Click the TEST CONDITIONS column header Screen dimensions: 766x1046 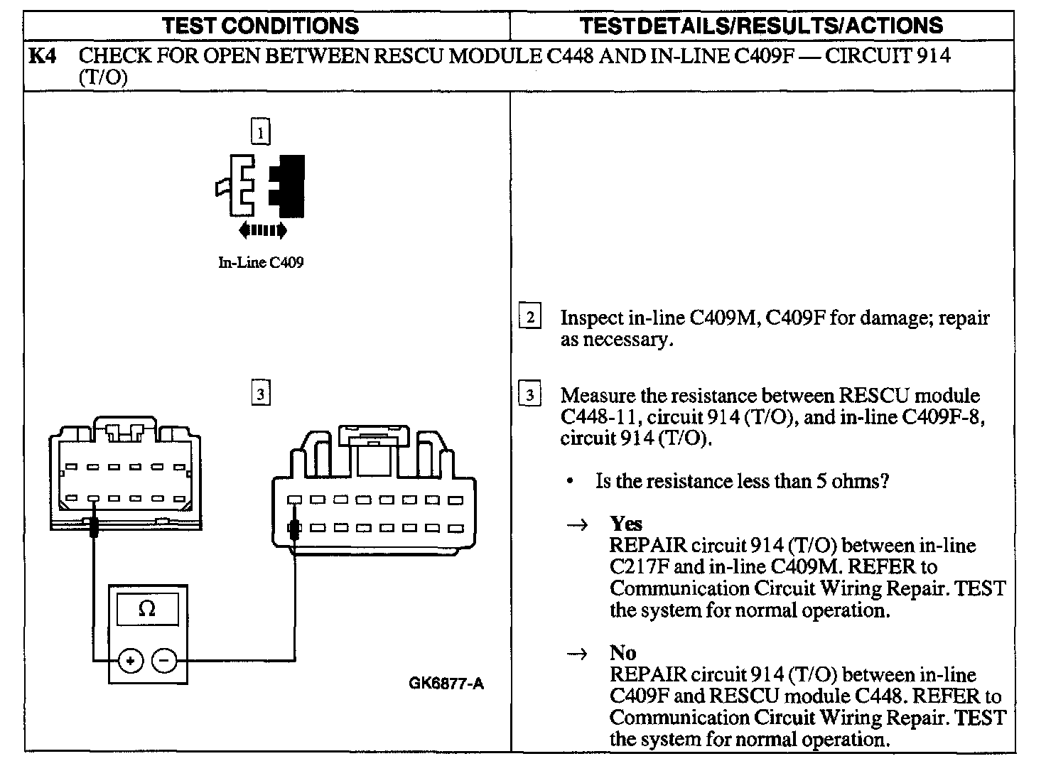point(261,26)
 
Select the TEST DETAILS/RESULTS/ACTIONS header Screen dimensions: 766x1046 point(762,26)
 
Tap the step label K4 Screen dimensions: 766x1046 point(41,56)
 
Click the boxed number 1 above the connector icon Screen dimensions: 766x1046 point(261,132)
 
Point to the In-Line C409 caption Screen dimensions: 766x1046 point(261,263)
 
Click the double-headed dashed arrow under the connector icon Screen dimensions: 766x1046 point(263,230)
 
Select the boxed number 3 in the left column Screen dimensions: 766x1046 point(261,393)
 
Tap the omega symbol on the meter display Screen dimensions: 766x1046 point(147,609)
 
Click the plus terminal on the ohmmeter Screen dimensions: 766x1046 point(130,662)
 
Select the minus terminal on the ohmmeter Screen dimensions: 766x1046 point(164,662)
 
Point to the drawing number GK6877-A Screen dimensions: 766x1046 point(446,684)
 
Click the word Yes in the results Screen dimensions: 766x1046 point(625,524)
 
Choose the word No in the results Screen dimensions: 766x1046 point(622,653)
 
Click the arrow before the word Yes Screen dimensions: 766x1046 point(578,525)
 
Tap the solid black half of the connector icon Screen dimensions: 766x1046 point(291,185)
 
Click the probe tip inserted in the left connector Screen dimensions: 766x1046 point(93,527)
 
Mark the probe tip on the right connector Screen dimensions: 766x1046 point(293,529)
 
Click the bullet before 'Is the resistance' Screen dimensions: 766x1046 point(571,482)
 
